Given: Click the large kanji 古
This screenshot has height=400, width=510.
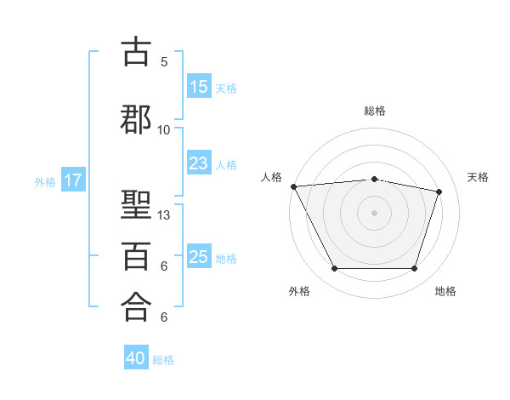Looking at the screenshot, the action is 136,51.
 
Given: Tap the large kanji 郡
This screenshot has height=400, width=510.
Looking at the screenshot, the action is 136,119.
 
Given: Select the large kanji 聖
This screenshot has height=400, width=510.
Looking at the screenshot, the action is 136,204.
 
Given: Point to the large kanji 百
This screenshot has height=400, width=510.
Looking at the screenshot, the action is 136,256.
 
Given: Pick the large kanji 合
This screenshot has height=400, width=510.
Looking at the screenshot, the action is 136,307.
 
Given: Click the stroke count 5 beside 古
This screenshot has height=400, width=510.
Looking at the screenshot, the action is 164,62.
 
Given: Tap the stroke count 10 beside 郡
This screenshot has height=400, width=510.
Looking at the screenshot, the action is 163,130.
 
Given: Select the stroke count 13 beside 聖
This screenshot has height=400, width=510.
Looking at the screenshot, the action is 163,215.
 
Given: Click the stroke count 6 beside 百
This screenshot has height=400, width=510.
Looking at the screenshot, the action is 164,266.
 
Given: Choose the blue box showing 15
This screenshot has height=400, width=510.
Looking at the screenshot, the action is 199,86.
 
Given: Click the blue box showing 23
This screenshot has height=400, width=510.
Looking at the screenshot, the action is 199,163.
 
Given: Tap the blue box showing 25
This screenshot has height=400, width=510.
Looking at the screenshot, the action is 199,255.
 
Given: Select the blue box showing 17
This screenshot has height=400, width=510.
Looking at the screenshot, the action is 73,180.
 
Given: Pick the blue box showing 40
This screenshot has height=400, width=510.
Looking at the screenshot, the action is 136,357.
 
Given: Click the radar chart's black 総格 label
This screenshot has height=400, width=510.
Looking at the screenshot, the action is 375,111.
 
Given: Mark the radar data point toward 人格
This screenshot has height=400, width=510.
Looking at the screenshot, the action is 294,186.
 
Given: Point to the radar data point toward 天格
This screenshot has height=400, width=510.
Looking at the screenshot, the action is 439,191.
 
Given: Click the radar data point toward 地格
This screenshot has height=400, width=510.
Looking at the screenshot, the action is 415,268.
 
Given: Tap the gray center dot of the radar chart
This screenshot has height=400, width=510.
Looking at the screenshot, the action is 374,213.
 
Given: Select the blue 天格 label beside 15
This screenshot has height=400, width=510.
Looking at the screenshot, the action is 226,89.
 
